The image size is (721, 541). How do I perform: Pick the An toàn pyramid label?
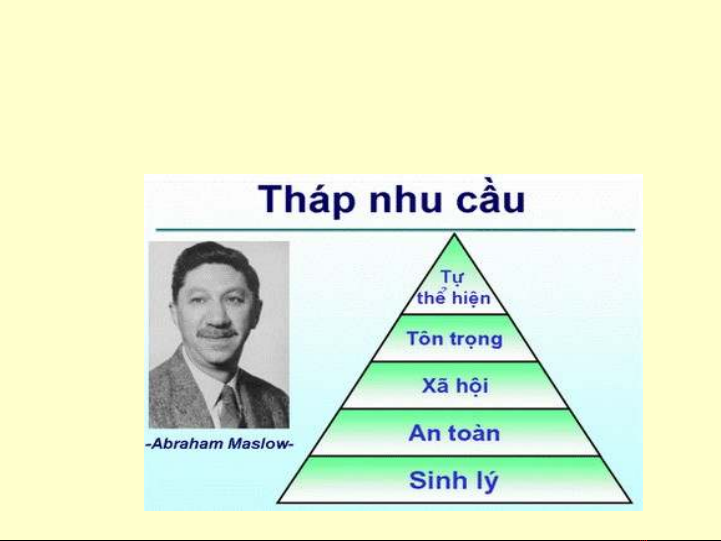click(x=454, y=433)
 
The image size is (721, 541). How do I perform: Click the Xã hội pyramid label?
click(x=455, y=386)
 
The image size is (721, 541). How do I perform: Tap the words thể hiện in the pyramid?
click(x=454, y=297)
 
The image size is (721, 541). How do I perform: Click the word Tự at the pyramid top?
click(x=453, y=277)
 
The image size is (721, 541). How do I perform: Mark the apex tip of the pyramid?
click(x=454, y=234)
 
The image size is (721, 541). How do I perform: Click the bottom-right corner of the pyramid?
click(x=631, y=502)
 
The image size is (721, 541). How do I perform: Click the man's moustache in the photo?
click(x=216, y=333)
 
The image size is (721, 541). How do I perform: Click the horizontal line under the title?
click(x=395, y=230)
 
